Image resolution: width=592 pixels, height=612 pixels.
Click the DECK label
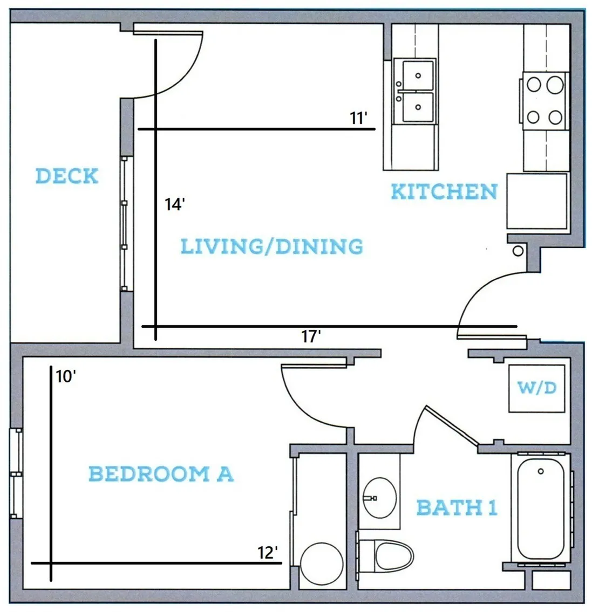point(67,176)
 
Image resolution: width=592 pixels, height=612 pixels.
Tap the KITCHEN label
point(444,191)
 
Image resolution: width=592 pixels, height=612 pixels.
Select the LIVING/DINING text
point(272,246)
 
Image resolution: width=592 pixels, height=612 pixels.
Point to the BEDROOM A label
point(161,474)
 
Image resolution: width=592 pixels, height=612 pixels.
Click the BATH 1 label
point(457,507)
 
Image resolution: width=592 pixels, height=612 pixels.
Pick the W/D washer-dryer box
point(536,388)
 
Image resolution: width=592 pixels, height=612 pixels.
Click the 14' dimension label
point(174,204)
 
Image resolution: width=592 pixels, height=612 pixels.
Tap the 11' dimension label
point(358,118)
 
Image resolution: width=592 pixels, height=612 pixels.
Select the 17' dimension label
point(311,336)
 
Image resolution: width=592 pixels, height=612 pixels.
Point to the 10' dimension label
point(66,377)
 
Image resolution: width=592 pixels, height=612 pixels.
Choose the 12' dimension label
point(268,553)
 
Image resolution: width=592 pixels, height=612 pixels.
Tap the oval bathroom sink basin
point(379,498)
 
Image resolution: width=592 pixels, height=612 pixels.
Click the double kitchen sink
point(415,91)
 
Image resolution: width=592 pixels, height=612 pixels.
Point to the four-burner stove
point(545,101)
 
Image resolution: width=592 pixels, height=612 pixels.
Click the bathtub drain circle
point(541,471)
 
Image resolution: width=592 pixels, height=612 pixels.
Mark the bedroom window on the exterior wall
point(16,473)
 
